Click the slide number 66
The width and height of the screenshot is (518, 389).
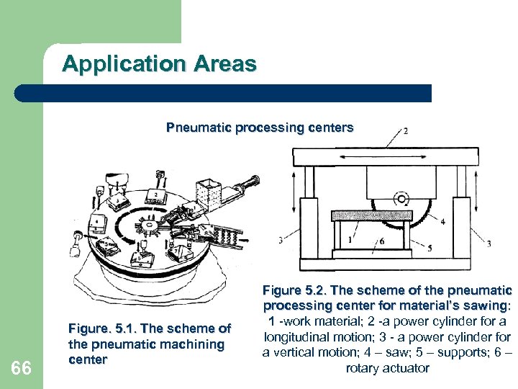[22, 368]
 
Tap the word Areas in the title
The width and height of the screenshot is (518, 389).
[224, 64]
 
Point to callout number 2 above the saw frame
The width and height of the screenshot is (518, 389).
[406, 131]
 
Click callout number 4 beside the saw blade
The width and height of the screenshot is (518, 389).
[442, 222]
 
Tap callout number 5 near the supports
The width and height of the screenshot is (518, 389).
[430, 249]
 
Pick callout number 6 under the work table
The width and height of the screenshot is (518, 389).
[382, 241]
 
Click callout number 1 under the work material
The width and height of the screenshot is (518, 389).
[350, 239]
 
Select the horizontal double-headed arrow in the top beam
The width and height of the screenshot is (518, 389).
[384, 156]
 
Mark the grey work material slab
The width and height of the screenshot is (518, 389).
[372, 215]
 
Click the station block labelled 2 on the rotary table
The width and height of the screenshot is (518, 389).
[155, 194]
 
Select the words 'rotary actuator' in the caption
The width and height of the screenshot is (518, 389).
[387, 368]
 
